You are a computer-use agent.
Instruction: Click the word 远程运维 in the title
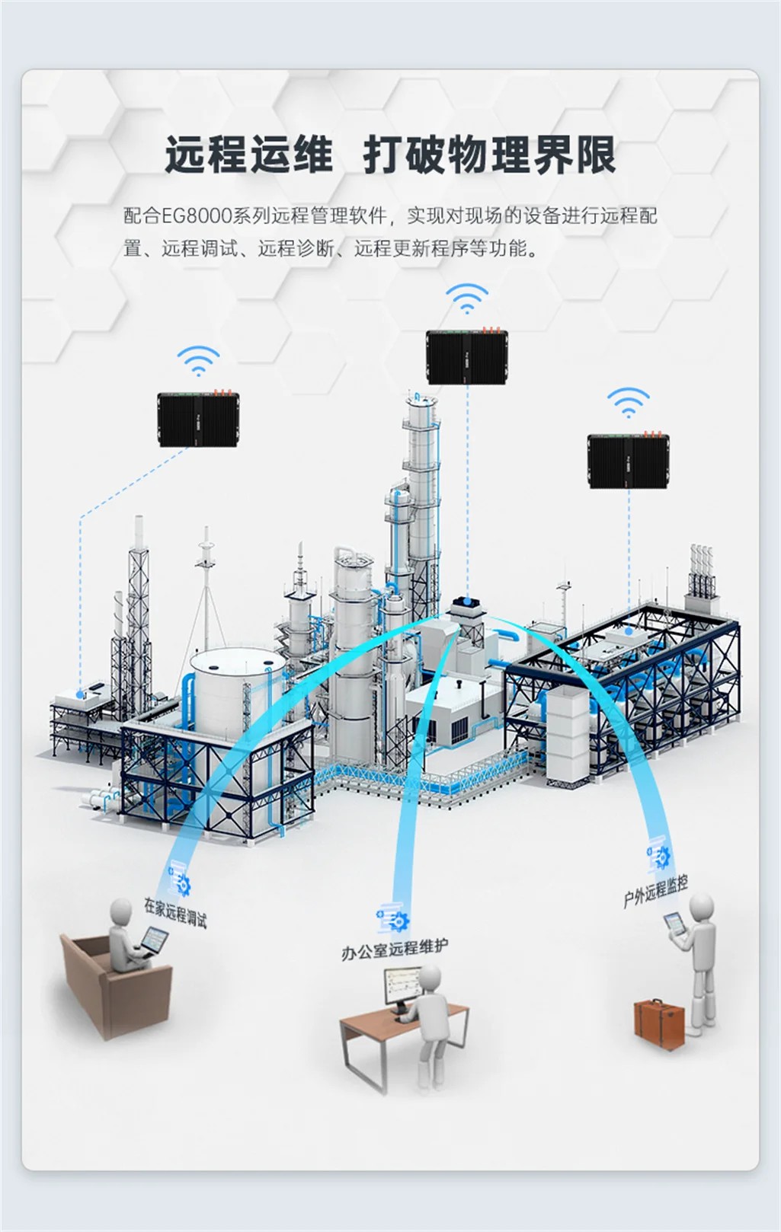point(249,155)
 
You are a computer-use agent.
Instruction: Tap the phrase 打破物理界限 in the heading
point(489,155)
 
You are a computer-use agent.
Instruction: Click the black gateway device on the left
point(198,419)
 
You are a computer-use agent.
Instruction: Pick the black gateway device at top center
point(466,356)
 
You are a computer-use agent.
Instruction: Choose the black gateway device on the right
point(628,461)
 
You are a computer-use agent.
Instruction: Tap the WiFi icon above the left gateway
point(198,362)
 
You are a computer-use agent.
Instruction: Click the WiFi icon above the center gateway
point(466,298)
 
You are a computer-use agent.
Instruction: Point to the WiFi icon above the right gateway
point(628,403)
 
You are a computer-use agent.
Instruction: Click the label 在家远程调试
point(175,911)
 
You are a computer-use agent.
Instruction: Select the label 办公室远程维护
point(395,949)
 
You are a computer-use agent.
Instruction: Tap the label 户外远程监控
point(655,891)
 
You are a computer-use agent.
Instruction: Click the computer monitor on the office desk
point(401,986)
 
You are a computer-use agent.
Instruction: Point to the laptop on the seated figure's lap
point(153,941)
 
